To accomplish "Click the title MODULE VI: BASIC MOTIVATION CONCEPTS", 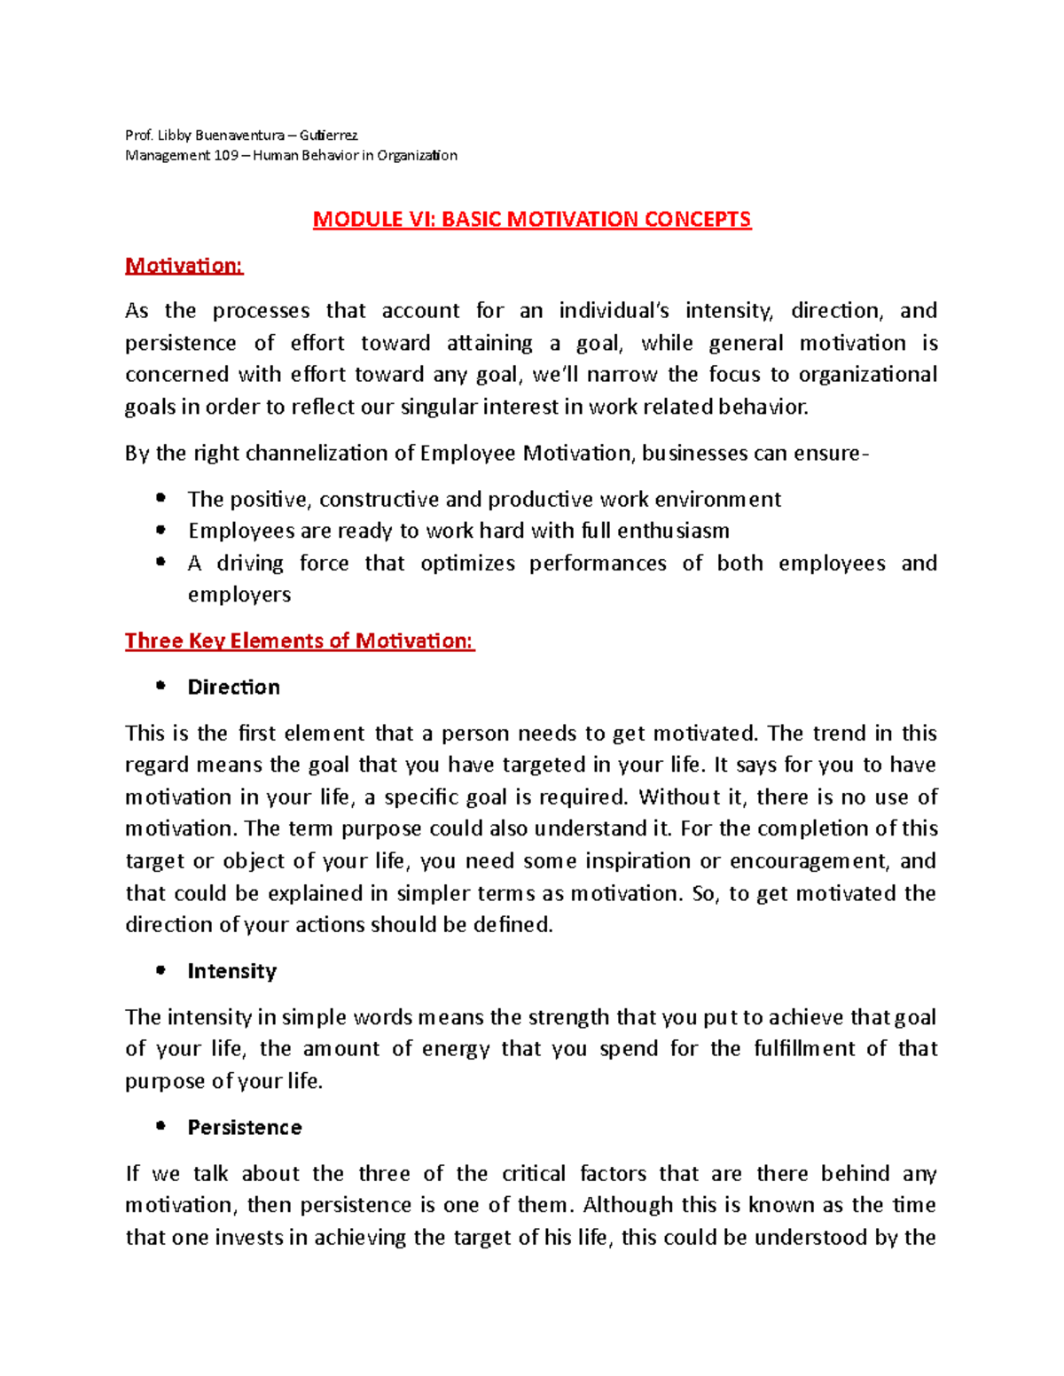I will click(531, 220).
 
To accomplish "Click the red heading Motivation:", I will click(184, 266).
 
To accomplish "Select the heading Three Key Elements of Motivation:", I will click(300, 641).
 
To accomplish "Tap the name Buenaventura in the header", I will click(239, 136).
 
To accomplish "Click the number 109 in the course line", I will click(225, 156).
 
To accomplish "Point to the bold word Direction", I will click(233, 688).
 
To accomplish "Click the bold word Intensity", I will click(231, 971).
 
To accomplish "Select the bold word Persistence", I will click(244, 1127).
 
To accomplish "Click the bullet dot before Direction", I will click(160, 686).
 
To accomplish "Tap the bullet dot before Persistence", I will click(160, 1126).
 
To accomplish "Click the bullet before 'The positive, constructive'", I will click(160, 498).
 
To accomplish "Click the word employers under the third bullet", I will click(239, 595).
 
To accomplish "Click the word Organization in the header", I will click(417, 156).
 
